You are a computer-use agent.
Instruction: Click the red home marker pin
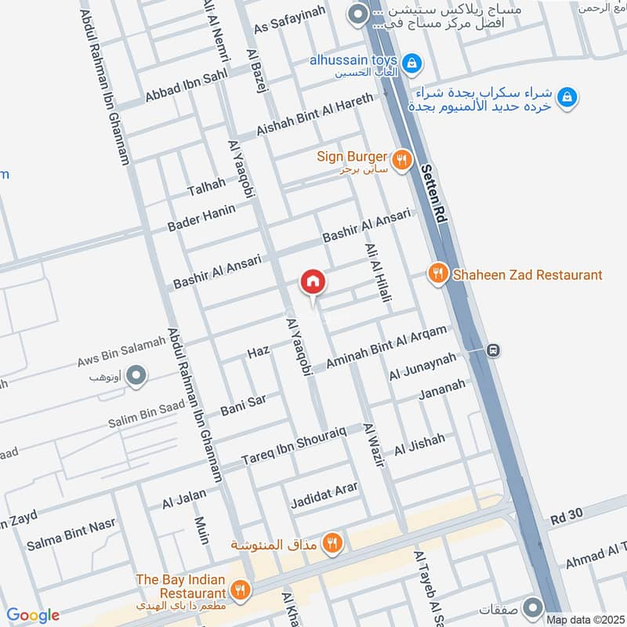pos(312,281)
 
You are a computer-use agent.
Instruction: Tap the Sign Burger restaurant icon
pos(401,160)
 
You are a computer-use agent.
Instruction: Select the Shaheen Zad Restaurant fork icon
pos(437,274)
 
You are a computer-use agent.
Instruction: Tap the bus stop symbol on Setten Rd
pos(492,350)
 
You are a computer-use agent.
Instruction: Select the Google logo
pos(32,615)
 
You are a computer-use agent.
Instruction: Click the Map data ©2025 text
pos(584,620)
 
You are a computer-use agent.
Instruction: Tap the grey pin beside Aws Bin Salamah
pos(137,377)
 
